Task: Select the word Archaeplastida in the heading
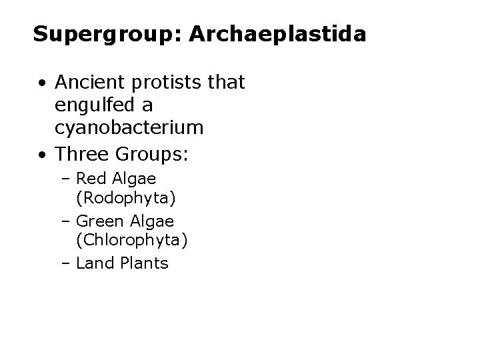277,35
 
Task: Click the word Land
95,263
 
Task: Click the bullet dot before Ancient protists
42,83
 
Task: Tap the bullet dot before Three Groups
42,155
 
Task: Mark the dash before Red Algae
69,179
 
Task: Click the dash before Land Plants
69,264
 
